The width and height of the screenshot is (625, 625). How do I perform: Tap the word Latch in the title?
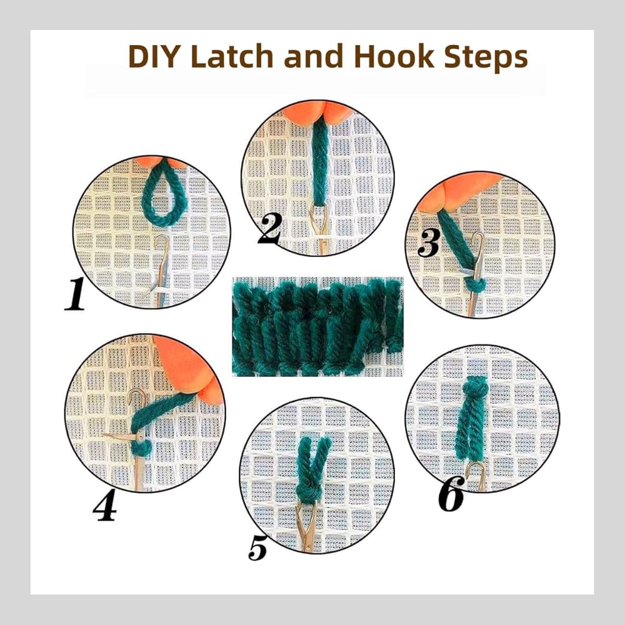click(232, 57)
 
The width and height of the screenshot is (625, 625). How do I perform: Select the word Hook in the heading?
click(394, 57)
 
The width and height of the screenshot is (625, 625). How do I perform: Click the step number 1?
click(76, 294)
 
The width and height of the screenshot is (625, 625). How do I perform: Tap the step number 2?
click(270, 228)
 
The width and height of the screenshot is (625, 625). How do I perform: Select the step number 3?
click(429, 242)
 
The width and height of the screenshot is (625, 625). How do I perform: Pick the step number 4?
click(105, 504)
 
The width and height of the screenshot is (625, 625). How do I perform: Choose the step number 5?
click(257, 547)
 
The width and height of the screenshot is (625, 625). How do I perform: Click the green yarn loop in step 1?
click(164, 193)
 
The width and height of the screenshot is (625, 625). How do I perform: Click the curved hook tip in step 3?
click(477, 238)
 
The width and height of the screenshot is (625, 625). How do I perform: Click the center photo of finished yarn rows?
click(317, 327)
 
